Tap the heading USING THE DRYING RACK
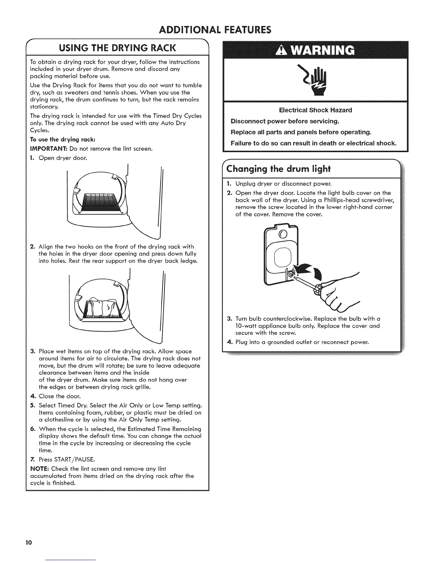(x=117, y=47)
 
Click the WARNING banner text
(x=315, y=50)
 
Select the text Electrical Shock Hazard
(x=315, y=110)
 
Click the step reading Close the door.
(x=60, y=396)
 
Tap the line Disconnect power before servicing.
(x=285, y=121)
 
